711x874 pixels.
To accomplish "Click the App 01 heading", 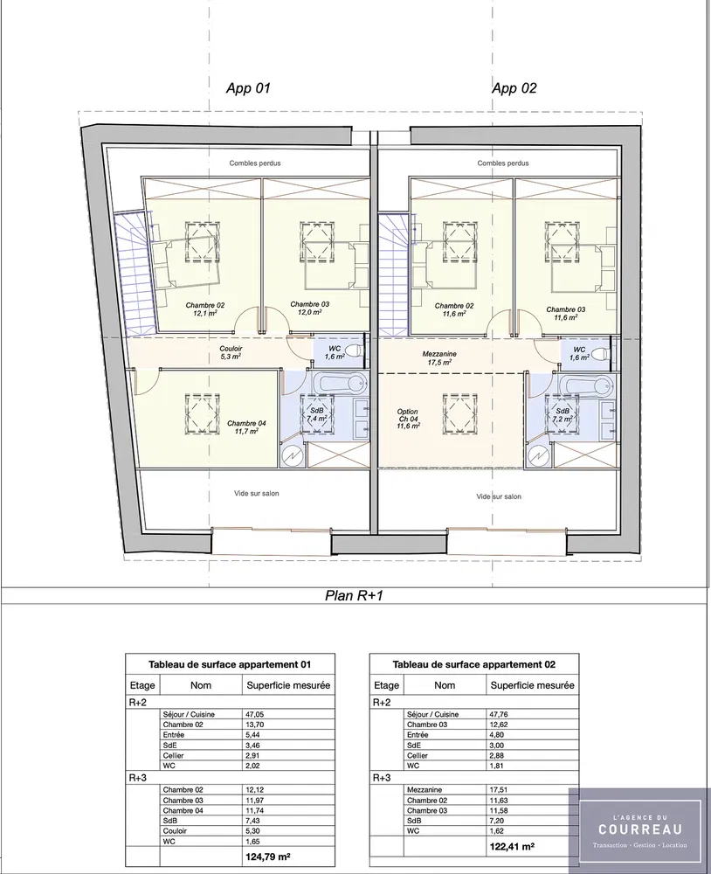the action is coord(248,88).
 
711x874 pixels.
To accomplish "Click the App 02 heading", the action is coord(514,88).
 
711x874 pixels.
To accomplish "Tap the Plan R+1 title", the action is coord(355,596).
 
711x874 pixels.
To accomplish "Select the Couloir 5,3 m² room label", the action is coord(230,352).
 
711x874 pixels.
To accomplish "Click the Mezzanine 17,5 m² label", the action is coord(439,357).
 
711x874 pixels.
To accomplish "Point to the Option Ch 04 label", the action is coord(408,419).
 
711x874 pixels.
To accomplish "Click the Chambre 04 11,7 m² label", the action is coord(246,427).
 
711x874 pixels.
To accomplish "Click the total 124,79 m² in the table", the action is coord(268,857).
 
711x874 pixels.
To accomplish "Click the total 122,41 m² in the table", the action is coord(512,847).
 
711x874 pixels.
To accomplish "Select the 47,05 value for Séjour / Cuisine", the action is coord(255,714).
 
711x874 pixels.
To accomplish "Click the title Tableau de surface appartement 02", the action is coord(474,664).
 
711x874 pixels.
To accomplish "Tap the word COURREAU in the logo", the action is coord(640,829).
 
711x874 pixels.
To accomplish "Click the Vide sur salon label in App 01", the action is coord(256,493).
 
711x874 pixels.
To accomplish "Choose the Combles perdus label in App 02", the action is coord(503,163).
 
